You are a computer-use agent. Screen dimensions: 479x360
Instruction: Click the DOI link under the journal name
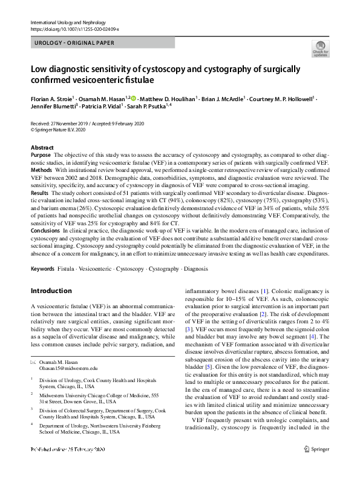click(74, 29)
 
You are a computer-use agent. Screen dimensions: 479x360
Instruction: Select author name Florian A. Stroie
click(51, 97)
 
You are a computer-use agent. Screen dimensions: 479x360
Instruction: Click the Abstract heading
click(42, 148)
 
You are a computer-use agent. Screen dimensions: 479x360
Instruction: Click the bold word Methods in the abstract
click(41, 170)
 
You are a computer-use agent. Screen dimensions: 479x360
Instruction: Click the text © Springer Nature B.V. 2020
click(57, 129)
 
